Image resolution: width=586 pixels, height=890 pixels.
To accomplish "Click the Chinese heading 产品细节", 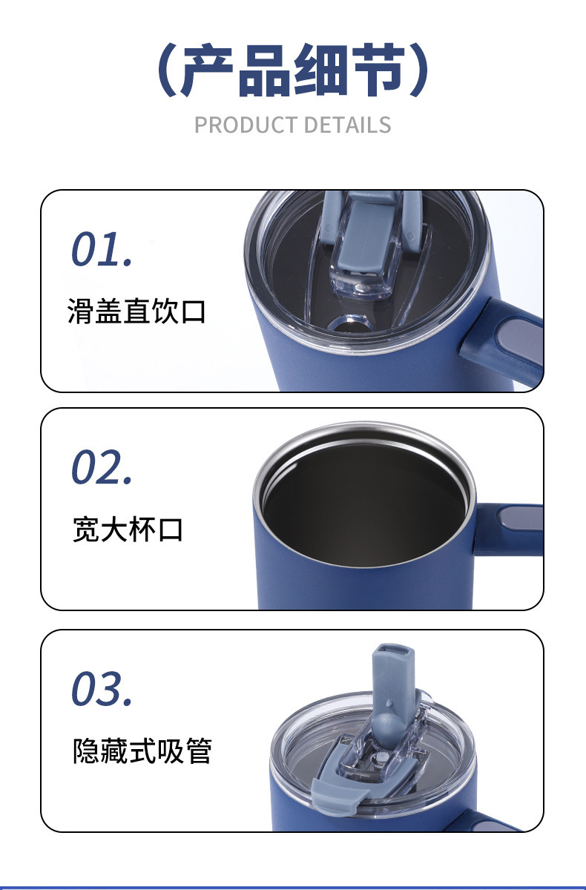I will (x=293, y=72).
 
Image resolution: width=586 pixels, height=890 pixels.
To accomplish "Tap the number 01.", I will (x=102, y=250).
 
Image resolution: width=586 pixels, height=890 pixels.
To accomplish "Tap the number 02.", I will (x=102, y=468).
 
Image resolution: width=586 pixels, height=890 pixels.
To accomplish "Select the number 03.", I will (x=102, y=689).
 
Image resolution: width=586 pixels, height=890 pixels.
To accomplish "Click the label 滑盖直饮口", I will (x=136, y=311).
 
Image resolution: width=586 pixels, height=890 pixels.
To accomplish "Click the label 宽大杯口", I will (x=128, y=530).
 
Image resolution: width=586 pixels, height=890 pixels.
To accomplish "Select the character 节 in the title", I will (x=378, y=72).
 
